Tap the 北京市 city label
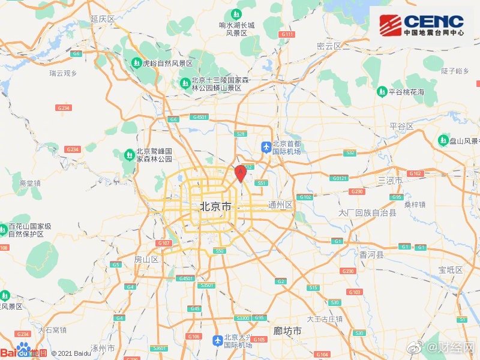point(215,206)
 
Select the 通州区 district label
point(280,205)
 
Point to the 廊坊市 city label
point(287,331)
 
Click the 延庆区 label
point(102,19)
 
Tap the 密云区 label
point(329,46)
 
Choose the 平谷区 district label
point(401,126)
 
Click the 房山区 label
point(146,259)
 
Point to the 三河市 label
point(389,180)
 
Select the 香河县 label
point(372,254)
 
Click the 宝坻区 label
point(451,270)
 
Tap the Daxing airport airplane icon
point(217,341)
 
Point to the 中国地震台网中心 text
point(433,34)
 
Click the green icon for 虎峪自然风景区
point(136,62)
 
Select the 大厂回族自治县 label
point(367,213)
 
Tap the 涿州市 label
point(102,348)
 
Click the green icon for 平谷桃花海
point(382,92)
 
